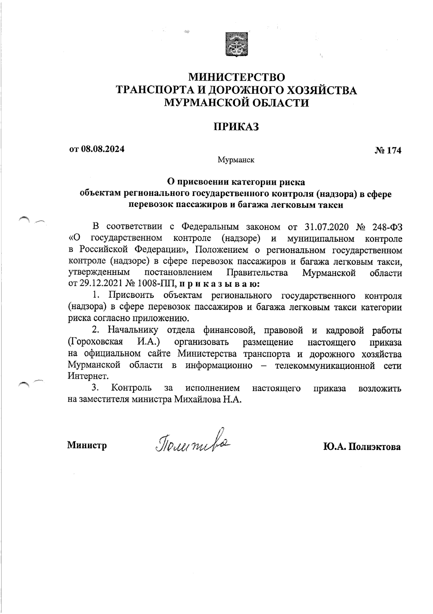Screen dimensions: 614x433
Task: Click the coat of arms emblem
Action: pos(236,44)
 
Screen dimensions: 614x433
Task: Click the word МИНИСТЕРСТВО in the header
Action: pos(237,77)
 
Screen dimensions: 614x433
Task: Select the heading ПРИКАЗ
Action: pos(236,127)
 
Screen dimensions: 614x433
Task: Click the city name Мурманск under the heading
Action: pos(236,160)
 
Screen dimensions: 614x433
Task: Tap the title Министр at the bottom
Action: pos(87,446)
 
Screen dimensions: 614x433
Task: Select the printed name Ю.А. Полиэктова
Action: pos(362,447)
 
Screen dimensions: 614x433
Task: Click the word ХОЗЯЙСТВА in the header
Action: pos(317,90)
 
